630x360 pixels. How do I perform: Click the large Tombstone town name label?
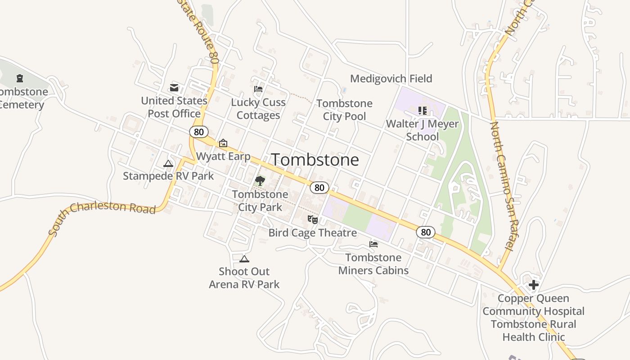315,160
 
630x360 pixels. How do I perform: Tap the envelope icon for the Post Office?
174,87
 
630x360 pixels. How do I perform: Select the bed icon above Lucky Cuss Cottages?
258,89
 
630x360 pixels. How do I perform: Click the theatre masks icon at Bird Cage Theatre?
313,220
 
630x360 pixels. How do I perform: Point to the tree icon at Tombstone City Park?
260,181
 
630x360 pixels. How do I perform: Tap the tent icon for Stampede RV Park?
168,163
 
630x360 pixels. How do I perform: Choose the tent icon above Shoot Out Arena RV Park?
244,259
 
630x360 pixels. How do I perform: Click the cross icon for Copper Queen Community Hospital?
534,285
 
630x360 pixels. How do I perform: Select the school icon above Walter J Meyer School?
423,110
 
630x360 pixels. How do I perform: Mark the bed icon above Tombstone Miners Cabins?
373,244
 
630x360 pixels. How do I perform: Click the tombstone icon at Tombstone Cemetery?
20,79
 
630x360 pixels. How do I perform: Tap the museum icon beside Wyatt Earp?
223,144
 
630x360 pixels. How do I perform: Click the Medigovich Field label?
391,79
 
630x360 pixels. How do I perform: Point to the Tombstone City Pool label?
344,110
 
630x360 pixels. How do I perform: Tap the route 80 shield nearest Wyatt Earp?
198,132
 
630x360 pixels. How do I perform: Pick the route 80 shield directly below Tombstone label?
319,188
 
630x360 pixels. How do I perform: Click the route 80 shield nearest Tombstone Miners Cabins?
426,232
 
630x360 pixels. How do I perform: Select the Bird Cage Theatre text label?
312,233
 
